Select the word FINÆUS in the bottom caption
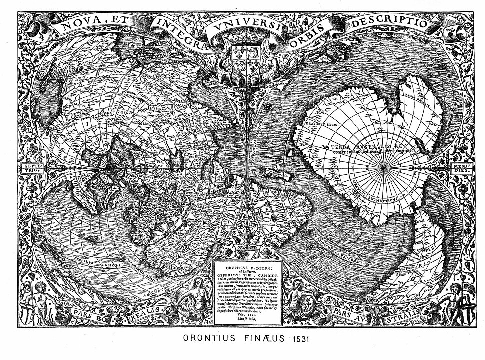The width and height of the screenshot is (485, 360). pos(262,339)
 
